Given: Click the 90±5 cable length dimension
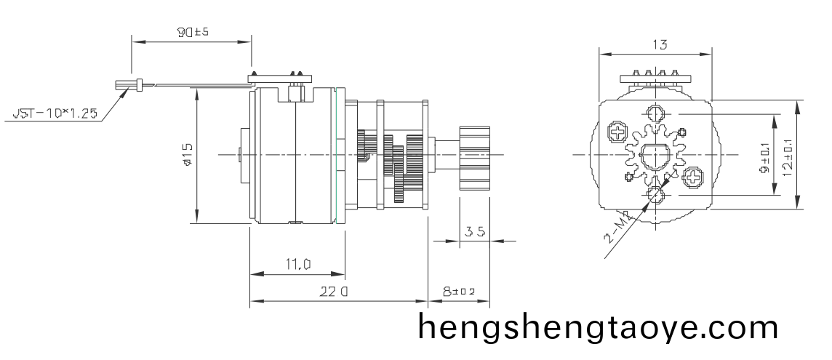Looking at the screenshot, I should pyautogui.click(x=193, y=33).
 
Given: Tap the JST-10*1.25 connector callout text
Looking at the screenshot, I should pyautogui.click(x=55, y=114).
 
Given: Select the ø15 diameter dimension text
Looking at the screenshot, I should pyautogui.click(x=188, y=155).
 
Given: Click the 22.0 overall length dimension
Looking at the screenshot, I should pyautogui.click(x=335, y=292).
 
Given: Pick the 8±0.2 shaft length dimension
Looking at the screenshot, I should pyautogui.click(x=458, y=292).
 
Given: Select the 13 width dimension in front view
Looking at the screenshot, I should pyautogui.click(x=660, y=44).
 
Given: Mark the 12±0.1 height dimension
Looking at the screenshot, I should pyautogui.click(x=788, y=155).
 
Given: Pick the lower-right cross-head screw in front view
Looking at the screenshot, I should pyautogui.click(x=694, y=177).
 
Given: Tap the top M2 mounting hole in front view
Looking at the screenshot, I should pyautogui.click(x=655, y=114).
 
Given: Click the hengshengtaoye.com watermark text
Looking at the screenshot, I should pyautogui.click(x=598, y=328).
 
